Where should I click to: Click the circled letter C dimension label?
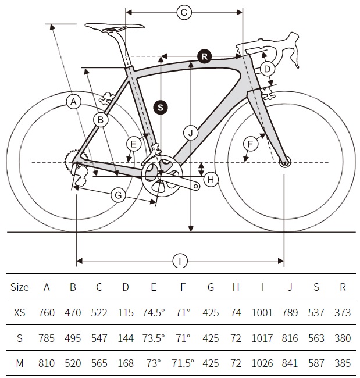point(184,12)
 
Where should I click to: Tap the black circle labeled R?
point(204,56)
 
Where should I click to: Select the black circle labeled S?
point(161,107)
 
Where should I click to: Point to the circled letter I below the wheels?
point(180,261)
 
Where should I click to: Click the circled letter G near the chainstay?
point(118,195)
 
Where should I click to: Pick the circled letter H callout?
point(211,179)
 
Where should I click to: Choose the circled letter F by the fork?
point(251,144)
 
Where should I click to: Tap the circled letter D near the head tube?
point(267,69)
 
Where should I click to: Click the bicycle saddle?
point(115,27)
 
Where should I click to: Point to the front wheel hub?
point(285,162)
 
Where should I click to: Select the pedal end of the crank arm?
point(196,186)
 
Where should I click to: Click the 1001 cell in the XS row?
point(262,312)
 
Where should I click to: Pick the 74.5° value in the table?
point(154,312)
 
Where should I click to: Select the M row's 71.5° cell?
point(183,363)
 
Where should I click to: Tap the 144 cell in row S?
point(126,338)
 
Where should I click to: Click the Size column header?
point(20,287)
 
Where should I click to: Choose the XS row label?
point(20,312)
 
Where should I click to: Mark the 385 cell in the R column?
point(343,363)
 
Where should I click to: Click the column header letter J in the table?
point(290,287)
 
